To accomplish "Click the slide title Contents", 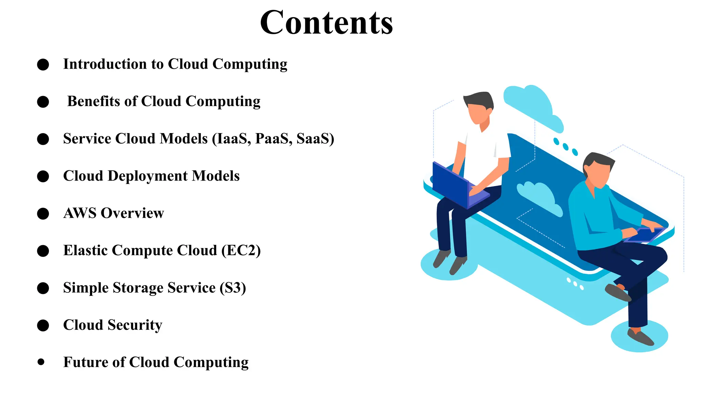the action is [x=326, y=23].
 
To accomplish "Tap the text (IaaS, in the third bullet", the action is [x=231, y=139].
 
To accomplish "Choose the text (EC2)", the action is [x=241, y=251].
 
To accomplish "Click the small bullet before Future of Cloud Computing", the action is [x=41, y=362].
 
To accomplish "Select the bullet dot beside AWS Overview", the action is [x=43, y=214].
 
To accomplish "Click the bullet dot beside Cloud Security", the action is [x=43, y=326].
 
